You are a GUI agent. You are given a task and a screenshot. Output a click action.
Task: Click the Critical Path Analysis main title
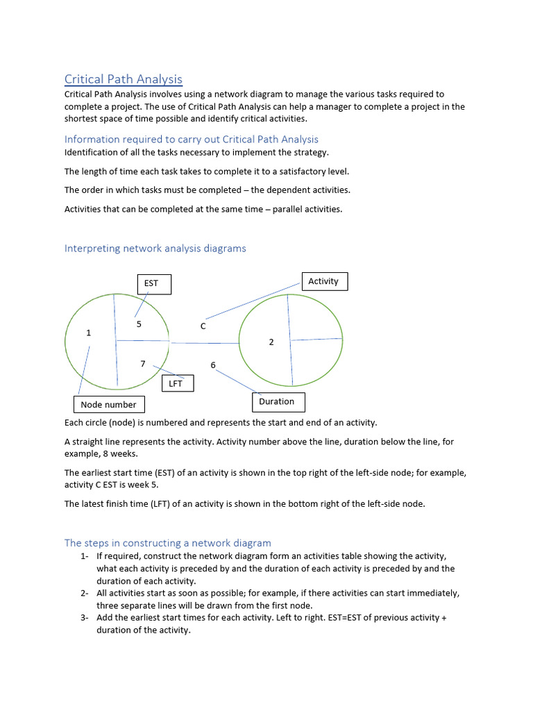[124, 79]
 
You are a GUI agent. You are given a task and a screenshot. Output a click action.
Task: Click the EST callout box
[151, 283]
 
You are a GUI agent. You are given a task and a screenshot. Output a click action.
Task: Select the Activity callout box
[323, 281]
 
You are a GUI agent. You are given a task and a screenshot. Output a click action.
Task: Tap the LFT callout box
[176, 383]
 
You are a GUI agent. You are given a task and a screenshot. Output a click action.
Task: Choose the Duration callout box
[276, 401]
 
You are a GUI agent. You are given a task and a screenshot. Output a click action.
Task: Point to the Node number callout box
[109, 404]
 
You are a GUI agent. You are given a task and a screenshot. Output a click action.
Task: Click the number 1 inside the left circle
[89, 333]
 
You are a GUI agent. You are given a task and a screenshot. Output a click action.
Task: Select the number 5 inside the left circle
[139, 324]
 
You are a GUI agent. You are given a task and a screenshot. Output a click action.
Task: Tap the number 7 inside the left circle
[143, 364]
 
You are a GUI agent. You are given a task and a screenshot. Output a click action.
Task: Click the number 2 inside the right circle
[271, 342]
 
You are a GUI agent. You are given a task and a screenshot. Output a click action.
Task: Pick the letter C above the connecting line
[203, 326]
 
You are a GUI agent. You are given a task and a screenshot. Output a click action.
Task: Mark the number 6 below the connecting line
[213, 365]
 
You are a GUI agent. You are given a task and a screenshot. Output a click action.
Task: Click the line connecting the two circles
[204, 343]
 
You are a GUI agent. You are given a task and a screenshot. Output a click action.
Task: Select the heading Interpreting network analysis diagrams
[155, 248]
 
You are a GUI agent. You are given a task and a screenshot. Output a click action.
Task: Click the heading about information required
[192, 139]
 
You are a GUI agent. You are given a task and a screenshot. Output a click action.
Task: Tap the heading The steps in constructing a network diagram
[167, 542]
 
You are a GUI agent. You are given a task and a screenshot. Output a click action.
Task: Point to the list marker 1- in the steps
[83, 556]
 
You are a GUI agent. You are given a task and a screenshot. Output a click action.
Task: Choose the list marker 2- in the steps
[83, 593]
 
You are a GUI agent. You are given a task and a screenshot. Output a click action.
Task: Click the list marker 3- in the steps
[83, 617]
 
